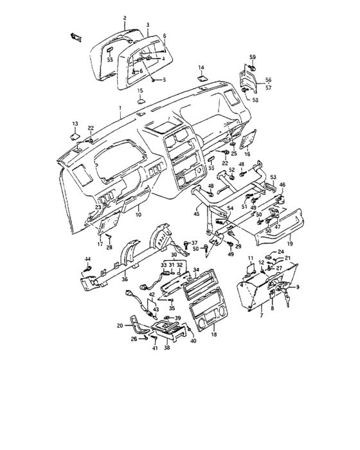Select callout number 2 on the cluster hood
pos(125,18)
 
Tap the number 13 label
pos(75,123)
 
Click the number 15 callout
pos(139,91)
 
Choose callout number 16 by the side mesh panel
pos(247,155)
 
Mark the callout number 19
pos(289,244)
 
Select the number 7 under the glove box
pos(261,317)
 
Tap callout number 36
pos(124,280)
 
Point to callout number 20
pos(120,325)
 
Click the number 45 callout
pos(196,214)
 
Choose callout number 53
pos(273,176)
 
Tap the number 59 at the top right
pos(253,57)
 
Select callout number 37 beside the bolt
pos(195,242)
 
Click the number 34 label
pos(196,270)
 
